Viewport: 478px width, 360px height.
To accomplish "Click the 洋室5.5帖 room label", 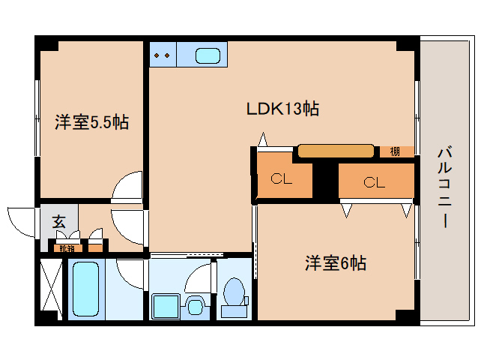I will [x=91, y=122].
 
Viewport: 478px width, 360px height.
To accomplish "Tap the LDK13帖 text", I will [x=283, y=109].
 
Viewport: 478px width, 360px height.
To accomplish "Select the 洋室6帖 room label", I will [x=335, y=263].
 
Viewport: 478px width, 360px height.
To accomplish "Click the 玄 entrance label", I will [x=58, y=222].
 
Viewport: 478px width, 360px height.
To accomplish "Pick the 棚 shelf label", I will [x=395, y=151].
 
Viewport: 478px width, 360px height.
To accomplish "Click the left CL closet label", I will [x=282, y=179].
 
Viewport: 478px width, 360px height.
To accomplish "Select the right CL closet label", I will [x=374, y=181].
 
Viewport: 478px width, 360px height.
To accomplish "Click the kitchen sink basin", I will [x=208, y=55].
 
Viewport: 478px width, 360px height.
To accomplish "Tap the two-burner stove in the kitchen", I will [x=163, y=55].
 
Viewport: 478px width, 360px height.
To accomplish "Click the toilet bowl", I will [x=235, y=291].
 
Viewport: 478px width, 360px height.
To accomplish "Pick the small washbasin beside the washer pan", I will [x=196, y=307].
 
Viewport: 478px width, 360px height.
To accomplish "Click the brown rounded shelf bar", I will [x=336, y=151].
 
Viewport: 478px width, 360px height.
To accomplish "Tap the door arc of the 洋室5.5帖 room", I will [x=127, y=186].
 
